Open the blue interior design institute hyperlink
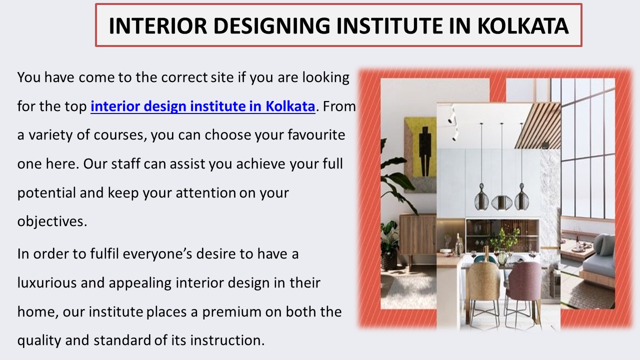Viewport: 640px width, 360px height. [x=202, y=106]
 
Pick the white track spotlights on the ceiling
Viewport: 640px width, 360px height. [x=452, y=122]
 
